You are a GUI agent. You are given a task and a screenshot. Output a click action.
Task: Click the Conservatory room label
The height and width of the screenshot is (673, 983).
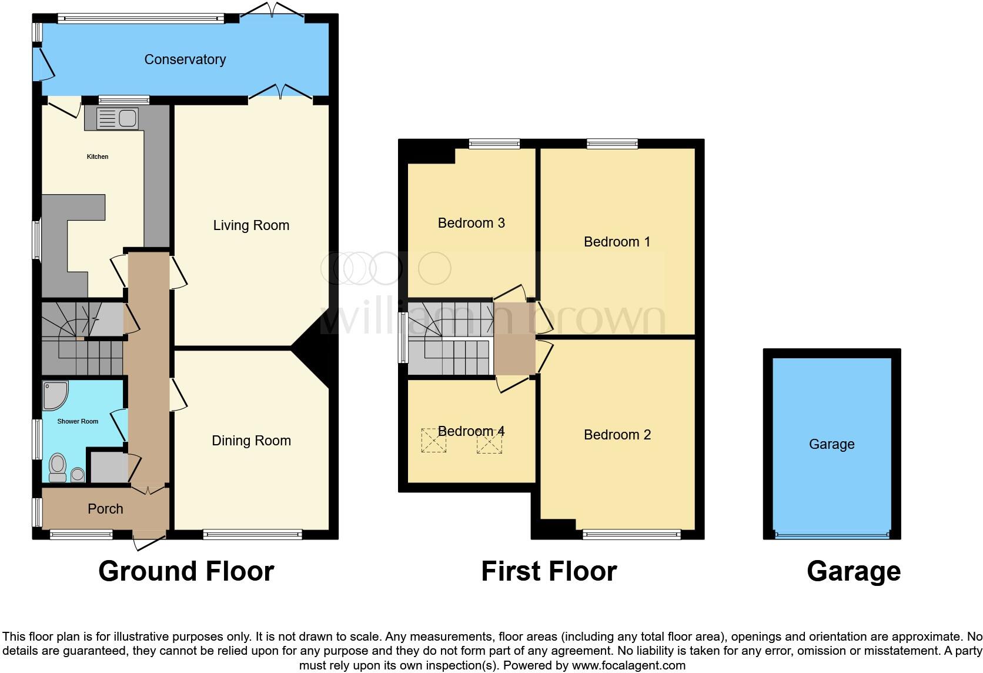tap(185, 59)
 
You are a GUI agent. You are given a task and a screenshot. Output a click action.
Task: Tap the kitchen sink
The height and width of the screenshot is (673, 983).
tap(117, 119)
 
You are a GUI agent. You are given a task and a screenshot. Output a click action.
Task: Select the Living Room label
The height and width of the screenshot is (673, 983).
tap(251, 225)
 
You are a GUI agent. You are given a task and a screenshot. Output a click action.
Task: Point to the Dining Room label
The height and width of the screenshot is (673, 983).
tap(251, 441)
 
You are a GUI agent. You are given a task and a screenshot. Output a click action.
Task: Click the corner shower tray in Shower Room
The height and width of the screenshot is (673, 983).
tap(55, 395)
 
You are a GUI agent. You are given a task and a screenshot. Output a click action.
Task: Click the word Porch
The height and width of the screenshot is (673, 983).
tap(105, 509)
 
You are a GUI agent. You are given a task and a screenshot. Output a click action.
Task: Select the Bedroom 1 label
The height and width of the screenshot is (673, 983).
tap(617, 242)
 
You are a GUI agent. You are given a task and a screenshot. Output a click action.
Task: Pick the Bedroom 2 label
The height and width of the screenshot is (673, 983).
tap(617, 435)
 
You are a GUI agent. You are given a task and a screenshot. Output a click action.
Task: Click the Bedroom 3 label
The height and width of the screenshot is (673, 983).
tap(471, 223)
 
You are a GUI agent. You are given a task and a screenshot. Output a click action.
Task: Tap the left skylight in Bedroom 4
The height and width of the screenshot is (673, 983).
tap(433, 441)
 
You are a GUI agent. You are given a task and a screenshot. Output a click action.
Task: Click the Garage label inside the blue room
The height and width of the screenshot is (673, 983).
tap(831, 444)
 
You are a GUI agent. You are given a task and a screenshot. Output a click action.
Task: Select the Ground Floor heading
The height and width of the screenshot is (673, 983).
tap(186, 571)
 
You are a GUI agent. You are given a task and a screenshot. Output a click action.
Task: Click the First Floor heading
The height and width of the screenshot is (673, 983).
tap(549, 571)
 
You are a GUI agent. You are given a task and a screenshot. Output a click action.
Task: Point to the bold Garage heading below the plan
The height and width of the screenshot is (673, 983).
tap(853, 571)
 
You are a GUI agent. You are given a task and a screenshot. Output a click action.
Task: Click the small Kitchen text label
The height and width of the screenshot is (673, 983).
tap(98, 156)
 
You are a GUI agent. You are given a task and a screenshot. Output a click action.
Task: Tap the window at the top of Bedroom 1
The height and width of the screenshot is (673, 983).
tap(612, 143)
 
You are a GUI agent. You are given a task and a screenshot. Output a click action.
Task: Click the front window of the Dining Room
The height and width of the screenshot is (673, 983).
tap(252, 534)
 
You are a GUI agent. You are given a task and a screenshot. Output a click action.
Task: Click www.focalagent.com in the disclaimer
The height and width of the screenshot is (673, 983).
tap(628, 665)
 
